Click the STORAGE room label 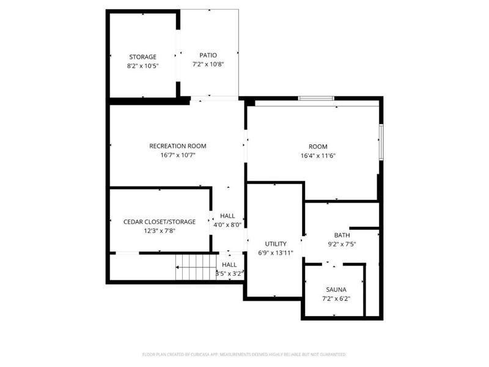coord(142,57)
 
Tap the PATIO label coord(208,55)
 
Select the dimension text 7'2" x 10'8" coord(208,64)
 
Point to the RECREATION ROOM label coord(178,146)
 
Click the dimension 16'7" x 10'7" coord(178,155)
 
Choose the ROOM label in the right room coord(318,146)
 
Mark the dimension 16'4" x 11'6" coord(318,155)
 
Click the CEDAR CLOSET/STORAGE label coord(160,221)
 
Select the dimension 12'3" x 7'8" coord(160,231)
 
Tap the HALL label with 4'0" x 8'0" coord(227,216)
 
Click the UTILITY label coord(276,243)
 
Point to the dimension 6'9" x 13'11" coord(276,253)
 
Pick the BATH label coord(342,235)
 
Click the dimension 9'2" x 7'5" coord(342,244)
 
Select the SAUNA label coord(336,289)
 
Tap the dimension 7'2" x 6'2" coord(336,298)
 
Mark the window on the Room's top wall coord(315,98)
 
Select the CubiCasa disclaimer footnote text coord(244,354)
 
